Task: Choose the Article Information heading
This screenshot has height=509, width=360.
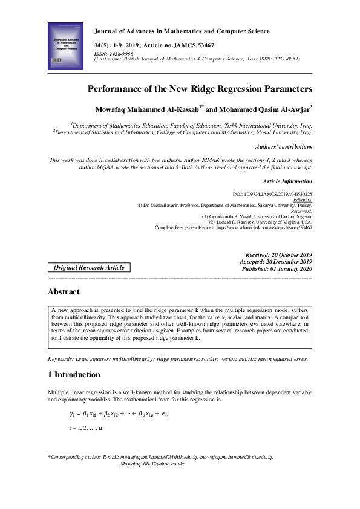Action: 288,181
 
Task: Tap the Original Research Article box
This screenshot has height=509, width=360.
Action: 89,267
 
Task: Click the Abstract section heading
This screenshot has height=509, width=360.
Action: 63,292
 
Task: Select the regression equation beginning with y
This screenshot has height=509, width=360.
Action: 118,414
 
